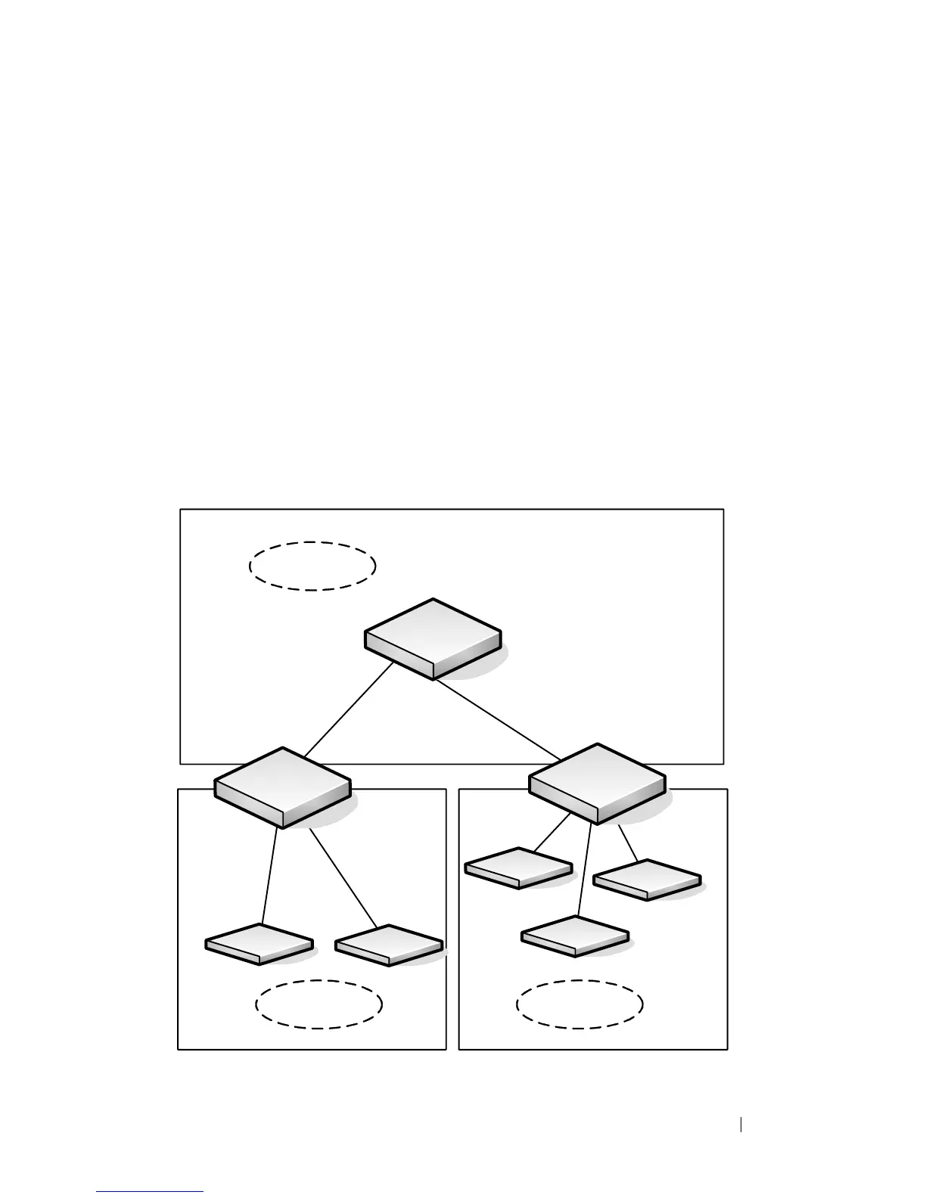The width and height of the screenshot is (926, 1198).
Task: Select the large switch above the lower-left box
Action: [x=282, y=787]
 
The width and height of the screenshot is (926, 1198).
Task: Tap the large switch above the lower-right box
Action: [x=597, y=783]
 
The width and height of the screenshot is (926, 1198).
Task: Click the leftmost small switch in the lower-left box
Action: [x=259, y=944]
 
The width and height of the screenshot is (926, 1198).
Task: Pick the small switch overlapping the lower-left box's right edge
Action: [x=389, y=945]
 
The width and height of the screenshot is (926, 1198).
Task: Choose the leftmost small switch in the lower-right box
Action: [x=518, y=867]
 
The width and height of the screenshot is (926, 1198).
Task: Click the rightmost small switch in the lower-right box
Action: [x=647, y=880]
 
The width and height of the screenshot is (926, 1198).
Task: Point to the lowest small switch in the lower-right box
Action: [x=575, y=936]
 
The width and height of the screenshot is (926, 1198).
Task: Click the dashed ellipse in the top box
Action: [x=312, y=566]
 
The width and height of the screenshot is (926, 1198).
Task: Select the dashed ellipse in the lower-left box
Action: [x=319, y=1004]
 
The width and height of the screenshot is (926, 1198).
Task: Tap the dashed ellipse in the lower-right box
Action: [x=580, y=1004]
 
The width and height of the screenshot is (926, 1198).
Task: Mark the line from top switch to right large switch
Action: [x=496, y=719]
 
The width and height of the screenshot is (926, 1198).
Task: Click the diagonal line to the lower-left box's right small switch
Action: [x=343, y=878]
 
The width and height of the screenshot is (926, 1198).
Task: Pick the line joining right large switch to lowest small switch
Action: [x=584, y=870]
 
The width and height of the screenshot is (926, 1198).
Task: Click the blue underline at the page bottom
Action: [x=151, y=1191]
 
